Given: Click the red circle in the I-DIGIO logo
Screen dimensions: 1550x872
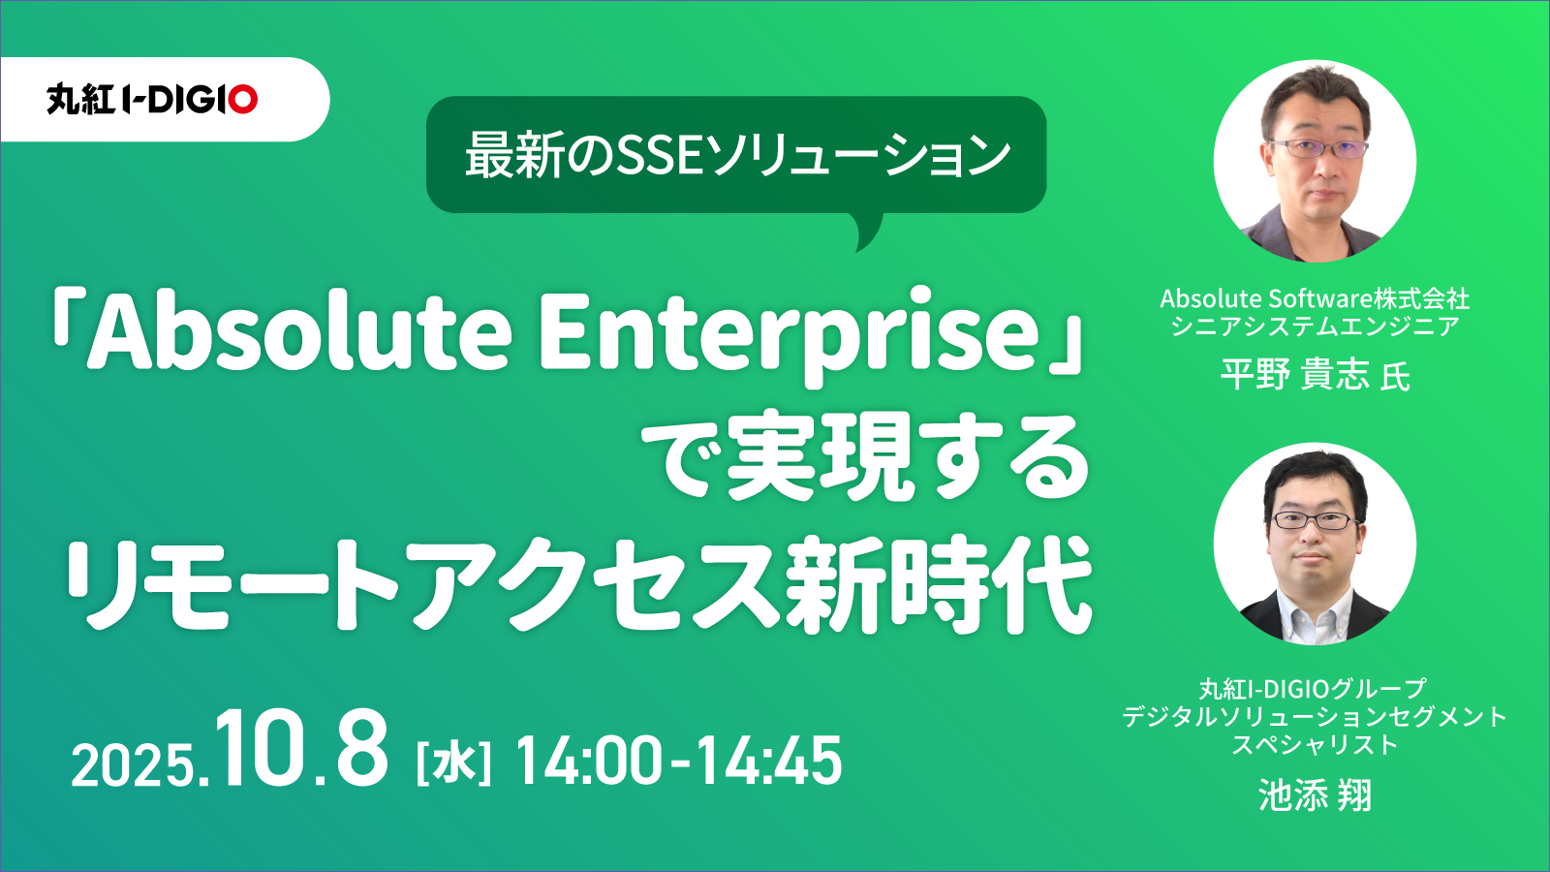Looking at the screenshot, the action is click(243, 100).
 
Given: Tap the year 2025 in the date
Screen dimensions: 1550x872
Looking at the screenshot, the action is click(132, 765).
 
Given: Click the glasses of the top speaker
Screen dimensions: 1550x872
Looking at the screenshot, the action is click(1318, 147).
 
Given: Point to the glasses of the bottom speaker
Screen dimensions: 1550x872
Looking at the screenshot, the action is click(1315, 520).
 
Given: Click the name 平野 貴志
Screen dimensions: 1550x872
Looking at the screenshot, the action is click(1294, 374).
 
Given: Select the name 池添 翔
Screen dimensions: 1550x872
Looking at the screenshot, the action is click(1315, 795).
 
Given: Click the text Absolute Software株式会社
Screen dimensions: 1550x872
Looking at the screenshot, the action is click(1315, 298).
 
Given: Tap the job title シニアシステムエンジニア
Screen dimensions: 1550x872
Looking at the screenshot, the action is click(1315, 326).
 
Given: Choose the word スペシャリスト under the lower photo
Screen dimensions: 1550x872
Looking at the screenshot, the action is click(1315, 745).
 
